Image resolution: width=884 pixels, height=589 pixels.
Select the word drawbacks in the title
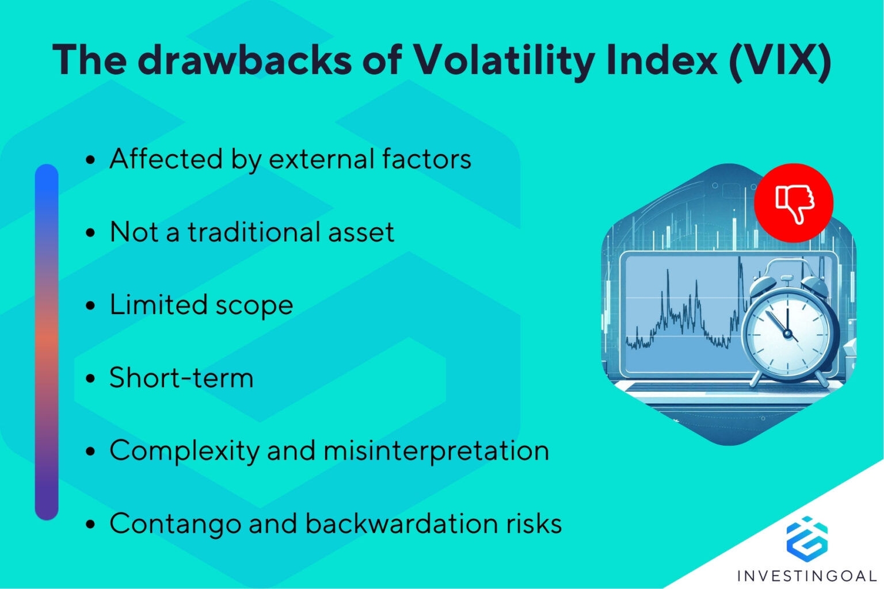(x=245, y=59)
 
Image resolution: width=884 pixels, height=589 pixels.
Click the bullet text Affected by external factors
(x=290, y=159)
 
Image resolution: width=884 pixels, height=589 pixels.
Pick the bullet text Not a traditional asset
(x=252, y=232)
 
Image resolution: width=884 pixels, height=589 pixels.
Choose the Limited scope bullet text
(x=201, y=305)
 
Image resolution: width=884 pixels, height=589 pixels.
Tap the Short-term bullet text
(x=181, y=378)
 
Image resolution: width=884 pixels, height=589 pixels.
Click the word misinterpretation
(x=436, y=450)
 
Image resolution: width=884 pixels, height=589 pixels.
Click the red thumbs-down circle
(x=794, y=202)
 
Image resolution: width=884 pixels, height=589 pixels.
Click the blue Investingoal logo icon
(x=806, y=538)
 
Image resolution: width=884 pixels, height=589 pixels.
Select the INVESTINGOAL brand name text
(x=806, y=575)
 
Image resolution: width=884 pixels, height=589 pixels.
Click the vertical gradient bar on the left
(x=47, y=342)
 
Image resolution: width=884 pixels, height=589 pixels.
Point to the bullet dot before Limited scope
(x=90, y=306)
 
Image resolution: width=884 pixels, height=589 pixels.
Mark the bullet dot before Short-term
(x=90, y=379)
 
